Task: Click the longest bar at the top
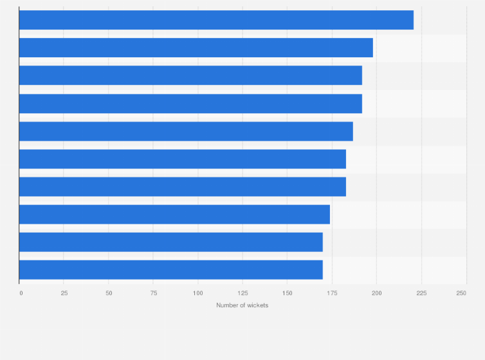coord(216,20)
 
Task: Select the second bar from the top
coord(196,48)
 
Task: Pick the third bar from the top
coord(190,75)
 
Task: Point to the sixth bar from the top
coord(183,159)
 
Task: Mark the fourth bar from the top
coord(190,104)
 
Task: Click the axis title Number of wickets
coord(243,305)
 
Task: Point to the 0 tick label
coord(21,293)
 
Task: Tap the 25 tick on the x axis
coord(64,293)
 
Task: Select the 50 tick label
coord(109,293)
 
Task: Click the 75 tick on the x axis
coord(153,293)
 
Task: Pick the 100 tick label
coord(198,293)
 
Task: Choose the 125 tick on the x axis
coord(243,293)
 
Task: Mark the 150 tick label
coord(288,293)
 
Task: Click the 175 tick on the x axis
coord(332,293)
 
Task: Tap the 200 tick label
coord(377,293)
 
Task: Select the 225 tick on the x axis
coord(421,293)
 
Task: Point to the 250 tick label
coord(461,293)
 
